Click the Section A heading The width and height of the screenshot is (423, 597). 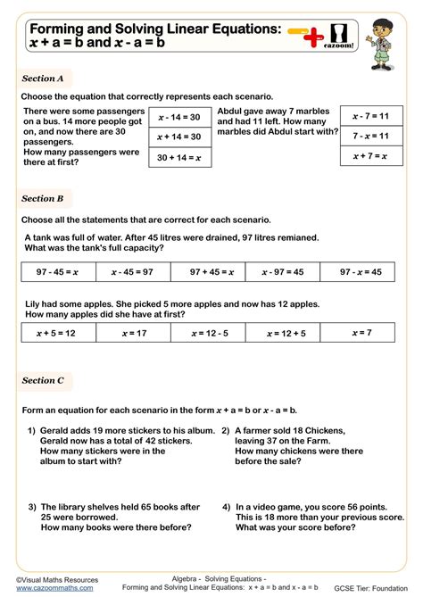(43, 79)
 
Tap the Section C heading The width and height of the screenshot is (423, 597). (43, 380)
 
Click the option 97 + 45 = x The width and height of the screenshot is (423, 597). (211, 272)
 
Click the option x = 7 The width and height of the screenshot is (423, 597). (362, 333)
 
